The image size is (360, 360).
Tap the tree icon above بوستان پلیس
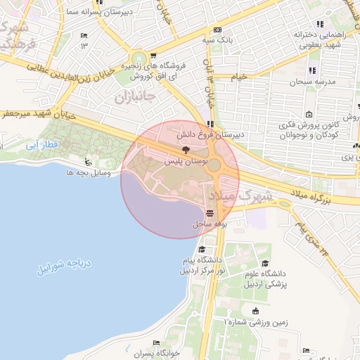tap(186, 150)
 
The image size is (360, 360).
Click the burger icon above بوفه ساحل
tap(210, 213)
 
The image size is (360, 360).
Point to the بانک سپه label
tap(218, 40)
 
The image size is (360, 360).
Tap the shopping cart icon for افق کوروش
tap(154, 56)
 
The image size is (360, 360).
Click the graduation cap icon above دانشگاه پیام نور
tap(202, 249)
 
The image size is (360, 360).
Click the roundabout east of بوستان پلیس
tap(215, 167)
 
